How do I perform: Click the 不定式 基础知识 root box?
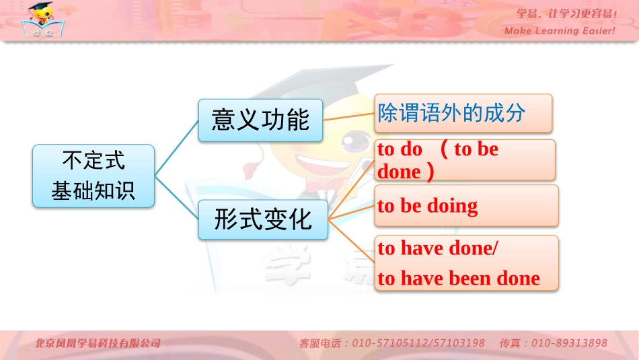[93, 176]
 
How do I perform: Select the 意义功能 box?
[261, 120]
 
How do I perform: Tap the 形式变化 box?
[263, 219]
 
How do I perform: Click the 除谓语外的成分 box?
[463, 113]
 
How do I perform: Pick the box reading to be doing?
[465, 205]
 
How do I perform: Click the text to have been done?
[459, 278]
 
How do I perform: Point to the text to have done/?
[438, 248]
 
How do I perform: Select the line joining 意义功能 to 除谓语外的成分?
[348, 116]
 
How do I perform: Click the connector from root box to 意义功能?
[177, 149]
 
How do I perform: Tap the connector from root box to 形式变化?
[177, 198]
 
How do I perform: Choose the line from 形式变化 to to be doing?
[351, 213]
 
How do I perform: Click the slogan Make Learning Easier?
[560, 31]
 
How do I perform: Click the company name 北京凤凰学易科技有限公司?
[98, 343]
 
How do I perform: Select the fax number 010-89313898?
[569, 343]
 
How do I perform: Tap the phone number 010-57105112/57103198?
[418, 343]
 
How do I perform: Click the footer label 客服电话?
[319, 343]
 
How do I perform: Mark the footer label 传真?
[511, 343]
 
